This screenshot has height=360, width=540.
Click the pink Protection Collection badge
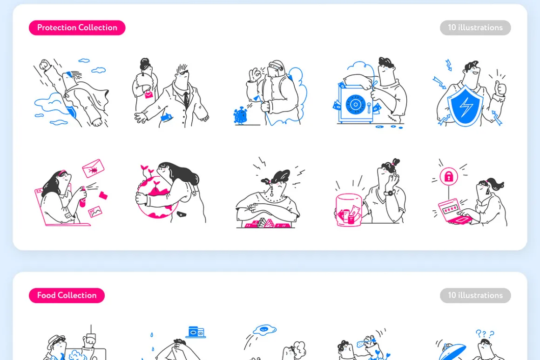tap(77, 27)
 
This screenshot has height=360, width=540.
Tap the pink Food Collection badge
tap(67, 295)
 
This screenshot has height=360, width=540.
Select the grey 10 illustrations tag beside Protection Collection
tap(475, 27)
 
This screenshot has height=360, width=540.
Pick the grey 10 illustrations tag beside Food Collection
tap(475, 295)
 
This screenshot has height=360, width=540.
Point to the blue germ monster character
tap(240, 116)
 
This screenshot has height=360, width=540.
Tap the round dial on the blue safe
tap(355, 104)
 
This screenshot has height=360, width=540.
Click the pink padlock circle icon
tap(449, 177)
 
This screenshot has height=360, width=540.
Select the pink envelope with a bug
tap(93, 168)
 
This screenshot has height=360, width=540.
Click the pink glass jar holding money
tap(349, 210)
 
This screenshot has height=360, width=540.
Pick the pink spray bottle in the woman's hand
tap(83, 198)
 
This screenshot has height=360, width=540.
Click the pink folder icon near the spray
tap(103, 195)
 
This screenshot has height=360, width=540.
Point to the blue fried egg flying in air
tap(264, 330)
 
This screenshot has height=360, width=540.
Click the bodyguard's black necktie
tap(186, 99)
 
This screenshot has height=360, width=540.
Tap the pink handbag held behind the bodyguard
tap(148, 93)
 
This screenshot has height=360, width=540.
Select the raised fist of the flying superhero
tap(45, 65)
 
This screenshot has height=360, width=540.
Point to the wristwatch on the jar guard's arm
tap(390, 193)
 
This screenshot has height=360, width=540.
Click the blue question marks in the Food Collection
tap(485, 333)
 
